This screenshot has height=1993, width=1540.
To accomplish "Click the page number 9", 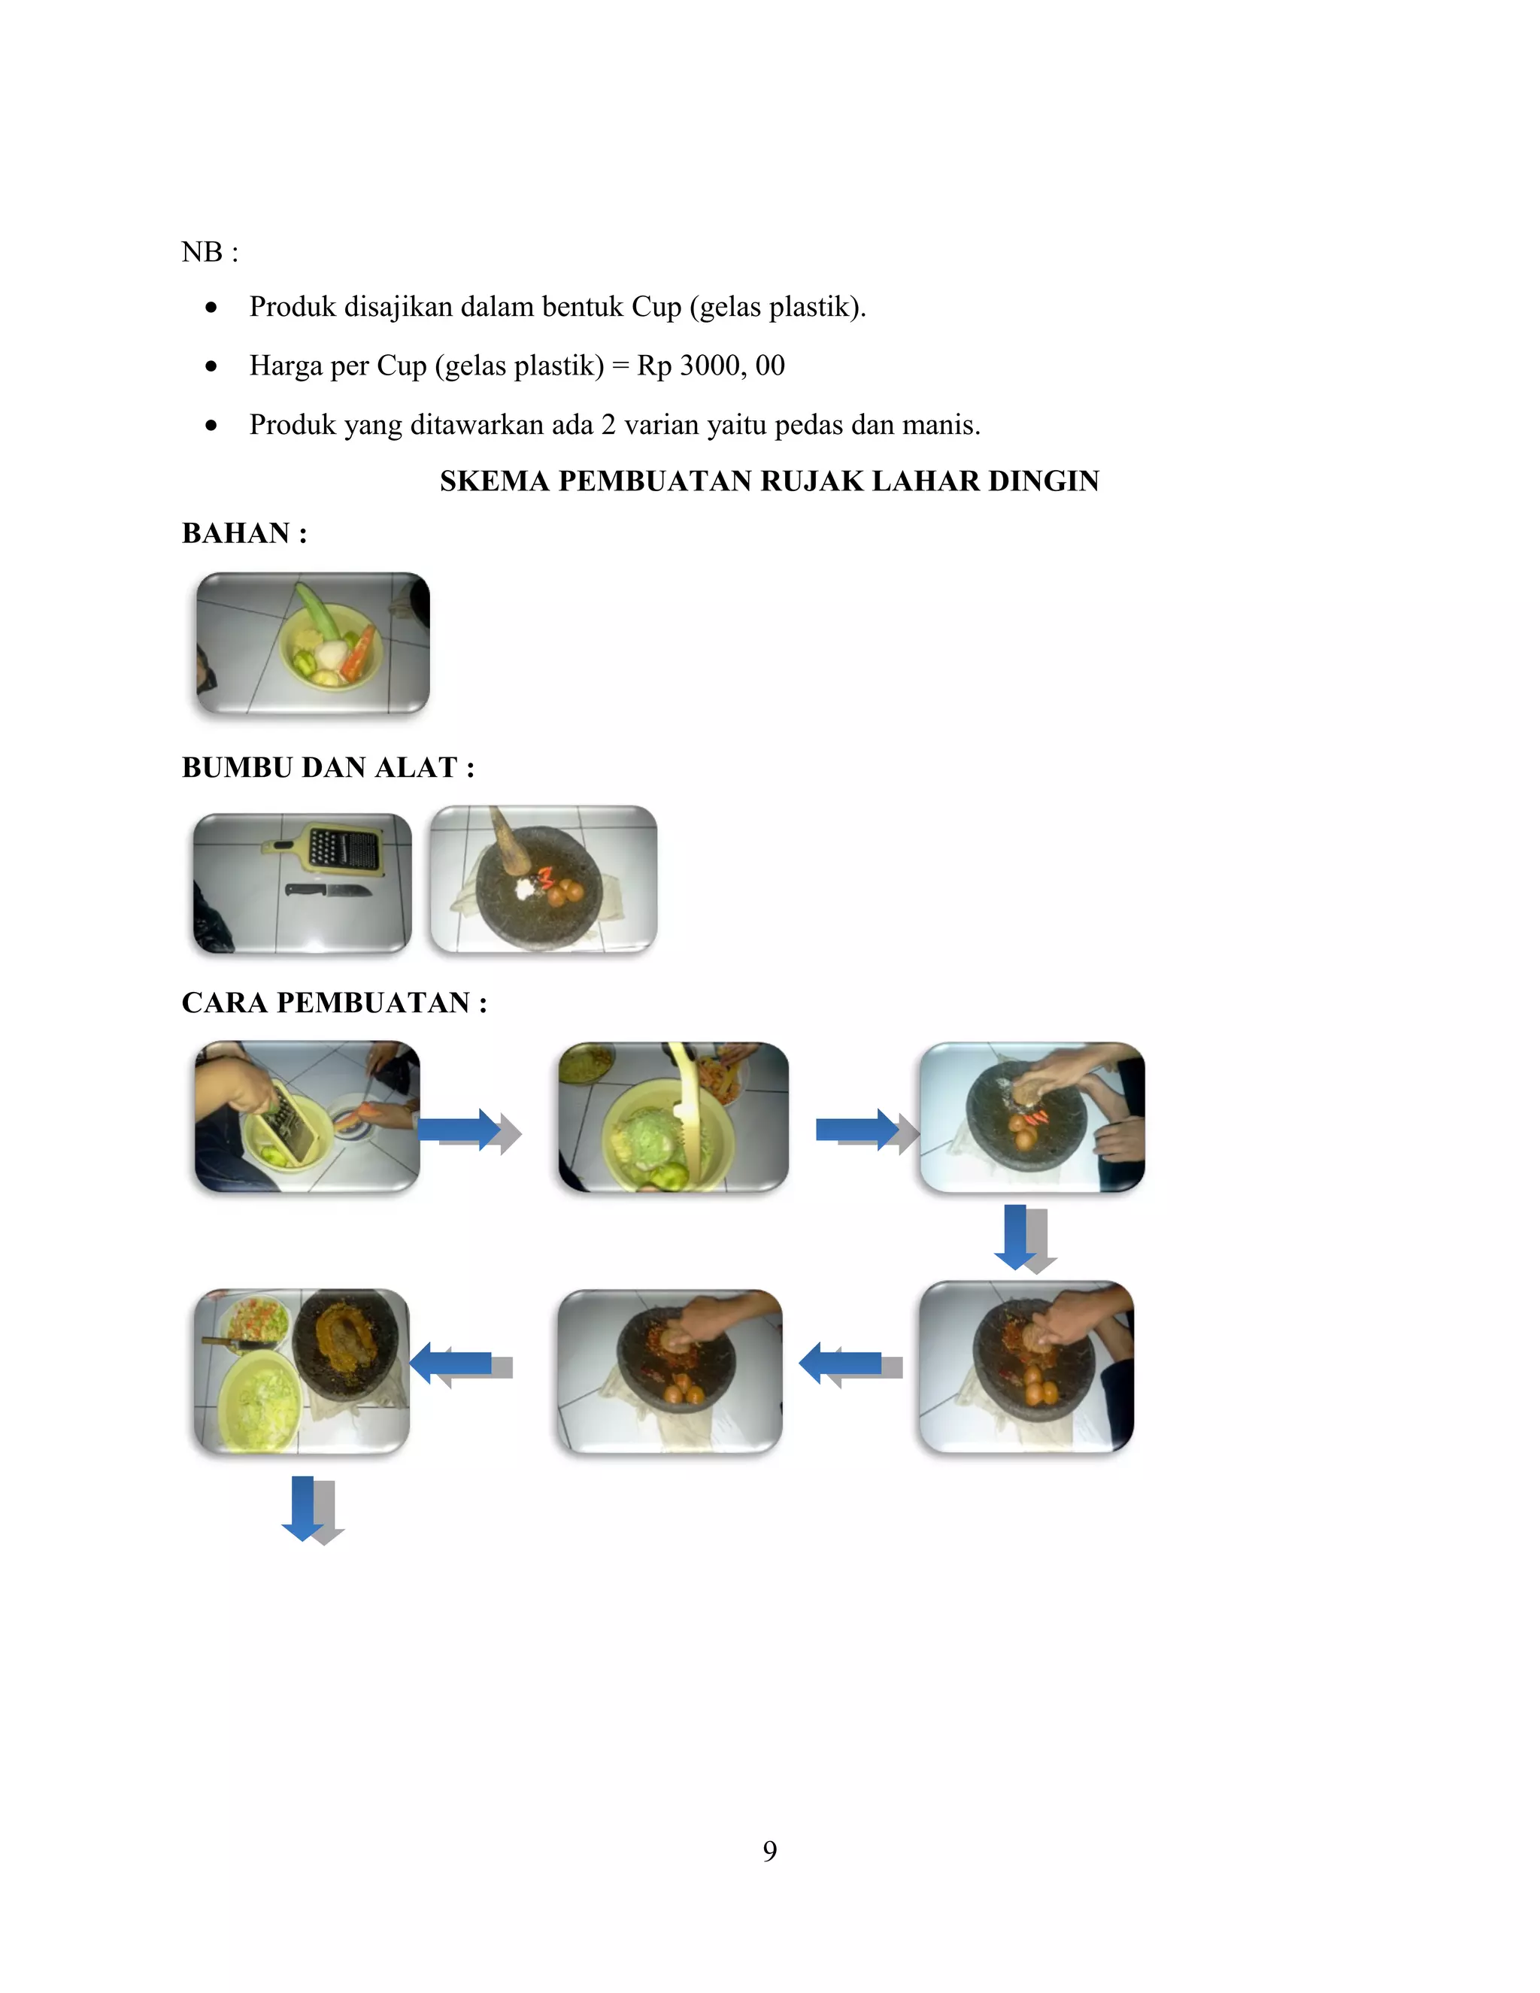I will tap(769, 1851).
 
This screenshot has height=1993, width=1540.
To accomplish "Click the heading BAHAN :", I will tap(244, 533).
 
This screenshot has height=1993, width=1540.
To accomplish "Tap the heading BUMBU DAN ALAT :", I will tap(328, 767).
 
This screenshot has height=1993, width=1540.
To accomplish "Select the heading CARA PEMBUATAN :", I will tap(334, 1002).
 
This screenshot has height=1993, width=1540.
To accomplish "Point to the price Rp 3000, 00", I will tap(711, 366).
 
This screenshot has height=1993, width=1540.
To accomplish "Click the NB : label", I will tap(210, 252).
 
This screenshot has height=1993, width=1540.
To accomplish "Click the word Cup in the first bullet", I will tap(656, 307).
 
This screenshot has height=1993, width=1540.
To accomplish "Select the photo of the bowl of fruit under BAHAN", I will tap(313, 642).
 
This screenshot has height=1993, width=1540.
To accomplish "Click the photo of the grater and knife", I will tap(302, 882).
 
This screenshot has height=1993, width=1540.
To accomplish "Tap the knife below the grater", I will tap(328, 890).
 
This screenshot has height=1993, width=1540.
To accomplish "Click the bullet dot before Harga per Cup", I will tap(211, 367).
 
